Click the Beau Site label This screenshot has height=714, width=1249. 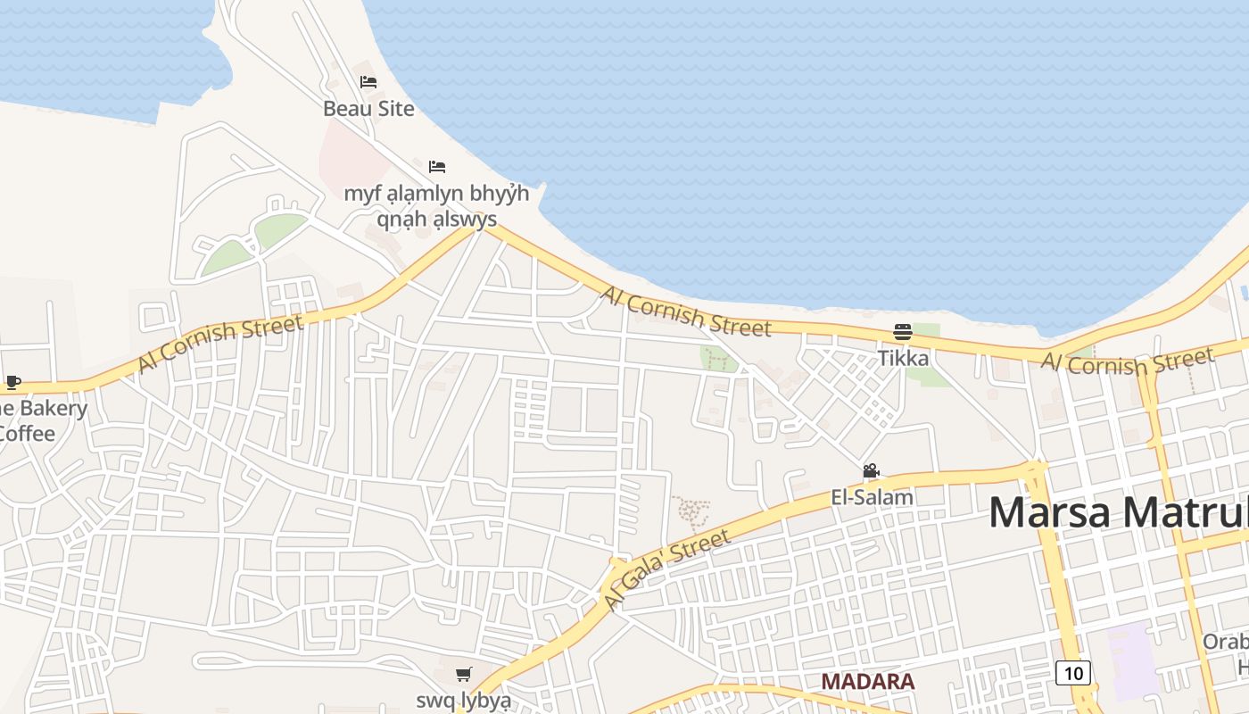(x=368, y=109)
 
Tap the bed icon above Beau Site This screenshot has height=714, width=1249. (x=368, y=82)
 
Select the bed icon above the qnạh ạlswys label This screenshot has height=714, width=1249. (x=437, y=167)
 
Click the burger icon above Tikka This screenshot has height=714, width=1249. (x=903, y=333)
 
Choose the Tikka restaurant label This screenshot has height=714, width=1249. (x=903, y=359)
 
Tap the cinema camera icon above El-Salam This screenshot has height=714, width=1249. (x=871, y=471)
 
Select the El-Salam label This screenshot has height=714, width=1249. (x=872, y=497)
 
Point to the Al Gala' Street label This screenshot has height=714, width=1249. (x=666, y=569)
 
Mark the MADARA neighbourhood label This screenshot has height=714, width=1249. (x=867, y=682)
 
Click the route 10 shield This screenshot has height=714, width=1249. (x=1073, y=673)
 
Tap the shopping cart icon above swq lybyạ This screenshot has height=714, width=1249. (x=463, y=675)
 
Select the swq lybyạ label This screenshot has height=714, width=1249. (x=463, y=700)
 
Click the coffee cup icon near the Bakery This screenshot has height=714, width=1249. (x=12, y=383)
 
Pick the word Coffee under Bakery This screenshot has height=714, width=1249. (x=27, y=434)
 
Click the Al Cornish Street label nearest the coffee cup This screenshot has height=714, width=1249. (x=220, y=343)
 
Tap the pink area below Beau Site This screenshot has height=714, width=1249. (x=348, y=161)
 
